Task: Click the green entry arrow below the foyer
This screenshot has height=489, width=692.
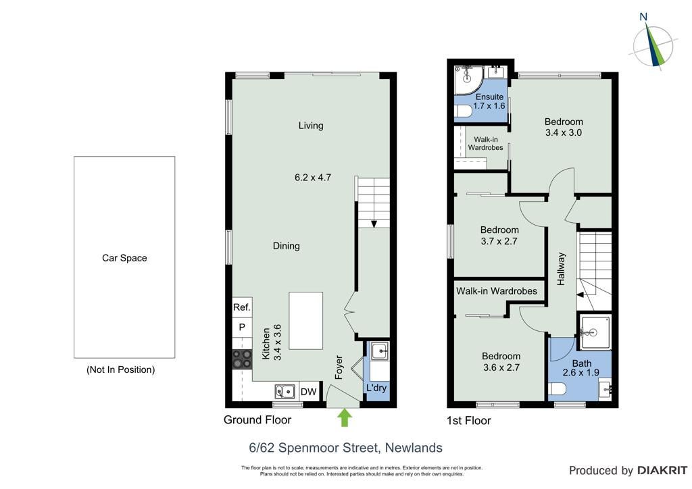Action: (344, 417)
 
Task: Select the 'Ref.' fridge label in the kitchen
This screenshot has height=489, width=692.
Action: (242, 307)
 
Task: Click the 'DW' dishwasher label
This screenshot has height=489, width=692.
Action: (308, 392)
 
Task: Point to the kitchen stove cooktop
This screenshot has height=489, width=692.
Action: (243, 359)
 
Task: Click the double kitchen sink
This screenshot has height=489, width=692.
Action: (285, 391)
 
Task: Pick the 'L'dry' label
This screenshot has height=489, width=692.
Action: (376, 388)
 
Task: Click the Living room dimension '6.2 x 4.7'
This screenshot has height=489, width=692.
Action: (313, 178)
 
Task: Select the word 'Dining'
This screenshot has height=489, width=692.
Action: (287, 246)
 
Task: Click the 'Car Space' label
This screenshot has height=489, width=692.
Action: (124, 258)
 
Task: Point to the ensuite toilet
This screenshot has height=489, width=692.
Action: (462, 112)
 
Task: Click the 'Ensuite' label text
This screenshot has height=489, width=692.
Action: (489, 97)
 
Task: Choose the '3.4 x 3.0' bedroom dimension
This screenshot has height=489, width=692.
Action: (564, 133)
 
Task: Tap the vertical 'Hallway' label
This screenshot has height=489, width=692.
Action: (561, 269)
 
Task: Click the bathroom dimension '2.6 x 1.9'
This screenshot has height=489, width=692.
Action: (580, 373)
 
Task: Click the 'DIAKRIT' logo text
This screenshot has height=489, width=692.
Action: (662, 471)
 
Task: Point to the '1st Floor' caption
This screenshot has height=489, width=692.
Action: (469, 421)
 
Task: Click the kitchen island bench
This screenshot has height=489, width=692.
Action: (306, 321)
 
